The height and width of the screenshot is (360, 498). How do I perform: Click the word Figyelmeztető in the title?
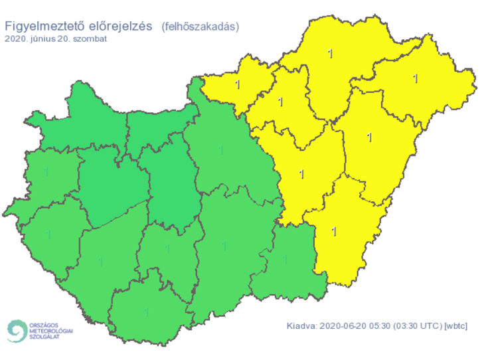click(41, 27)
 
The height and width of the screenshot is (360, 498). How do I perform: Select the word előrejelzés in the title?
click(117, 27)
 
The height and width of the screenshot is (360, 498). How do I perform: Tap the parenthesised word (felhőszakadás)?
click(200, 27)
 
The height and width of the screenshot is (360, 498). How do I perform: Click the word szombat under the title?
click(91, 39)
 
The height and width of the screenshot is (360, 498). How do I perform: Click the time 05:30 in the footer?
click(380, 326)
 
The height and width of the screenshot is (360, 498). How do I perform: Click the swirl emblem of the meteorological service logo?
click(16, 329)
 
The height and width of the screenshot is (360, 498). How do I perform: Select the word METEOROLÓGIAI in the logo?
click(51, 330)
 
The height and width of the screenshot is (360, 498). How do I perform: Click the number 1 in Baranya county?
click(146, 311)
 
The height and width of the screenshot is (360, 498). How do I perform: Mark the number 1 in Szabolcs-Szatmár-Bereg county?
click(416, 78)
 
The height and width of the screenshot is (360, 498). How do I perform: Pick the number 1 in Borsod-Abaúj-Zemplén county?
click(330, 53)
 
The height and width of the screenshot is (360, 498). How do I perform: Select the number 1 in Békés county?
click(333, 231)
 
